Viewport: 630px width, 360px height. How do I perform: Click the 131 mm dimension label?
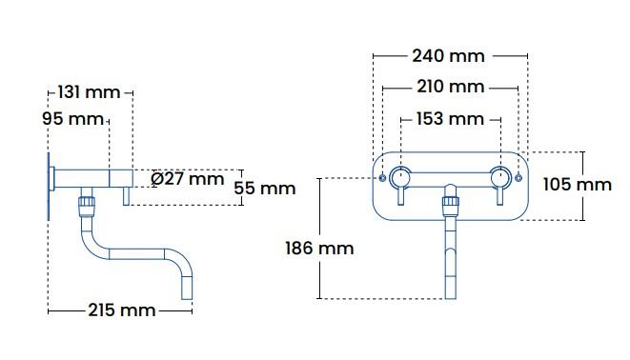tap(90, 92)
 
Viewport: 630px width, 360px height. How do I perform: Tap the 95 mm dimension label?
tap(72, 119)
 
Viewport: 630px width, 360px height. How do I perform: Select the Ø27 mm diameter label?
tap(188, 178)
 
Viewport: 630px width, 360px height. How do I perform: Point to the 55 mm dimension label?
tap(264, 188)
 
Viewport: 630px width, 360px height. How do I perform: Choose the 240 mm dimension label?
tap(449, 55)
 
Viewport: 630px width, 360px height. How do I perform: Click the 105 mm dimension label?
tap(578, 184)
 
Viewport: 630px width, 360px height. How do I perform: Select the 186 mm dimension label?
tap(319, 248)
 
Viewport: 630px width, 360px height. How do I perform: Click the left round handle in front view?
tap(400, 176)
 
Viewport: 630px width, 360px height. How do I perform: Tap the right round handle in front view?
tap(498, 176)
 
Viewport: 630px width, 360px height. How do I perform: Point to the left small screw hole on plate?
tap(382, 178)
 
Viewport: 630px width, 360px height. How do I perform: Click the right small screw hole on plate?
tap(518, 178)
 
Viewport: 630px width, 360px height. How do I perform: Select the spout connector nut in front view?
tap(450, 203)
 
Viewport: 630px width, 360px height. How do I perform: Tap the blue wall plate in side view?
tap(47, 186)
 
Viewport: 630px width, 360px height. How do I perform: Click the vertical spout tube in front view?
tap(450, 252)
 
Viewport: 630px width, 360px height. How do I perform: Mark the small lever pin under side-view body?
tap(126, 195)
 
